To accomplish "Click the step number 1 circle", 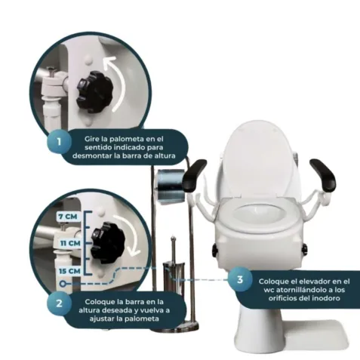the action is tap(59, 142).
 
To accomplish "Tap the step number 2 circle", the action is tap(59, 303).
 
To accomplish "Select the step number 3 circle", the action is tap(240, 279).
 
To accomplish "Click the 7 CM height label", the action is tap(67, 217).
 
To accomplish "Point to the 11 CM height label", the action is tap(70, 243).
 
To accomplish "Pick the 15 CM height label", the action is tap(69, 271).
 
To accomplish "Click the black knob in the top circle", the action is tap(94, 89).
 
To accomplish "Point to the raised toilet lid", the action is tap(258, 160).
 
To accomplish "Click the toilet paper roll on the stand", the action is tap(171, 186).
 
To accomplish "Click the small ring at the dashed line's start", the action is tap(63, 284).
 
